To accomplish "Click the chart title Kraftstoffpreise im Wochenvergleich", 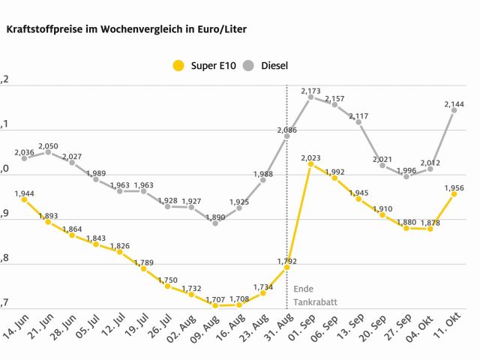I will click(x=127, y=29).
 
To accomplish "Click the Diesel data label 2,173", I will click(x=311, y=91).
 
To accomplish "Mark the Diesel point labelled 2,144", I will click(x=454, y=110).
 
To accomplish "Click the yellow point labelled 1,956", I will click(x=454, y=193).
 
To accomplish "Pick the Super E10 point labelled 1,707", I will click(x=215, y=305).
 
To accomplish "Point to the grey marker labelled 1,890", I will click(x=215, y=223).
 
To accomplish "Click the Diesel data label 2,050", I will click(x=48, y=145).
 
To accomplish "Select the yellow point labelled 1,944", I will click(x=24, y=199).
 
